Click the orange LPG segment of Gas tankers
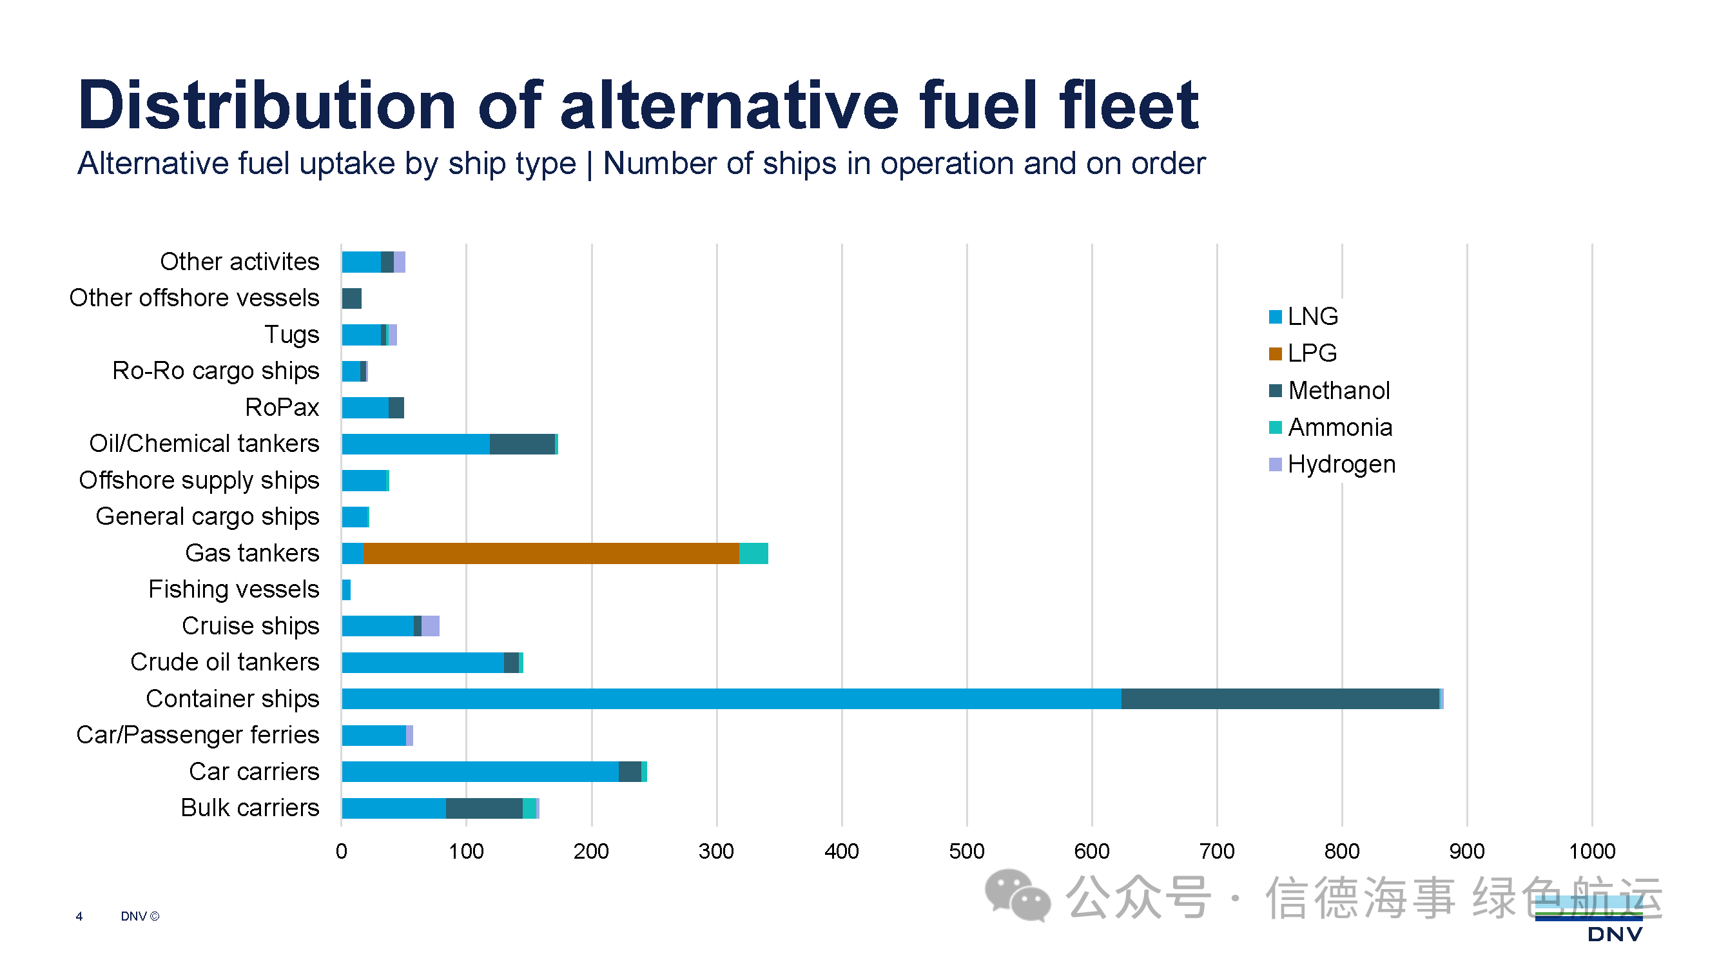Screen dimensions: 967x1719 pyautogui.click(x=550, y=553)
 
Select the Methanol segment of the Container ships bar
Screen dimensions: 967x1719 pyautogui.click(x=1279, y=699)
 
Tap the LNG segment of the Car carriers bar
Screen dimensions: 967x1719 pyautogui.click(x=479, y=772)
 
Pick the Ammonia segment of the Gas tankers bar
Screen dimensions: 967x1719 pyautogui.click(x=753, y=553)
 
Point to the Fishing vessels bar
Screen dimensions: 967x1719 pyautogui.click(x=345, y=590)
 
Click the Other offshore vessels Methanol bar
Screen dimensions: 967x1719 pyautogui.click(x=352, y=298)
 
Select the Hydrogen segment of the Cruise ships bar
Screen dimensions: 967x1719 pyautogui.click(x=431, y=626)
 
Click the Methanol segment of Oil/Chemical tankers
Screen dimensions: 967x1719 pyautogui.click(x=522, y=444)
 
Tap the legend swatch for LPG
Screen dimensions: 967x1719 pyautogui.click(x=1274, y=354)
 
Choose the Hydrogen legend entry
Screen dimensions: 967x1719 pyautogui.click(x=1341, y=464)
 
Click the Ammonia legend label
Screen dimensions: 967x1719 pyautogui.click(x=1340, y=427)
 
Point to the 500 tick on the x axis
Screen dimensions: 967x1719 pyautogui.click(x=966, y=851)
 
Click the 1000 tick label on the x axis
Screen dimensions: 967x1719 pyautogui.click(x=1591, y=851)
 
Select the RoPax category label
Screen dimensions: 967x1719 pyautogui.click(x=282, y=407)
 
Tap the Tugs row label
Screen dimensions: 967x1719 pyautogui.click(x=291, y=335)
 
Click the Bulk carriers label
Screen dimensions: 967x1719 pyautogui.click(x=250, y=808)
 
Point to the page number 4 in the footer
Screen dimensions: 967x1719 pyautogui.click(x=79, y=916)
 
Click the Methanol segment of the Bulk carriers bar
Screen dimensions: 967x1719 pyautogui.click(x=484, y=808)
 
